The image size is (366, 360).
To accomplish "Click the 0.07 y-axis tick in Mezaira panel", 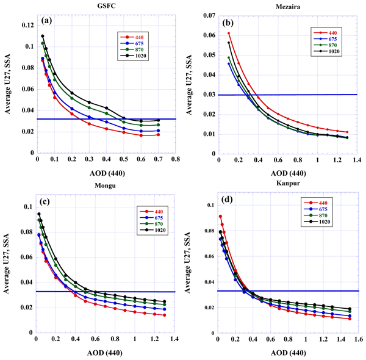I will tap(209, 13).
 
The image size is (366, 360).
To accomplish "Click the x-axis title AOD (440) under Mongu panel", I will tap(105, 352).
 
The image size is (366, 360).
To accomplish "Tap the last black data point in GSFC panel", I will tap(159, 121).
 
